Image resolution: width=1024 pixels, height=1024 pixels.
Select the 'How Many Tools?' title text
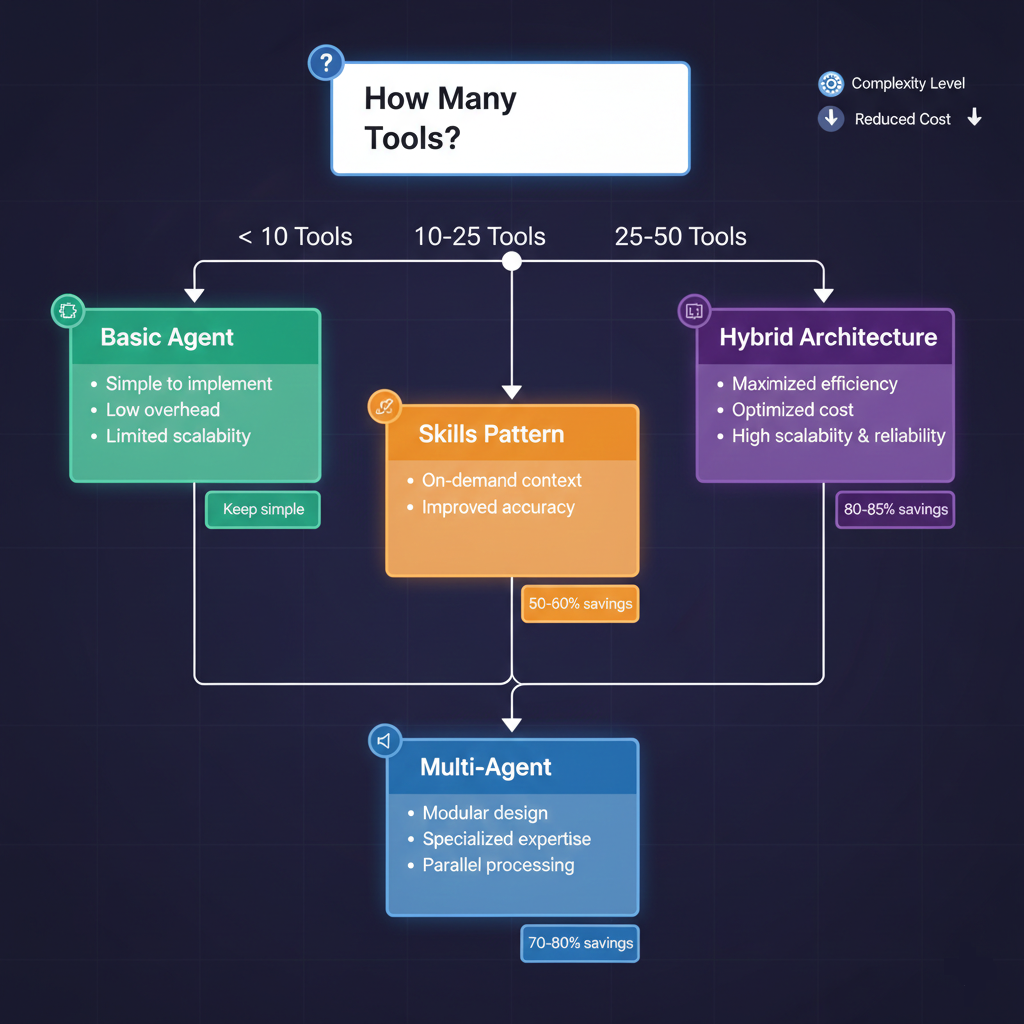click(x=441, y=117)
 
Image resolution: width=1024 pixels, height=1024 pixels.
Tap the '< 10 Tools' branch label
click(x=295, y=237)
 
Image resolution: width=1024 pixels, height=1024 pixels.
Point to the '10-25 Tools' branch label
click(x=480, y=237)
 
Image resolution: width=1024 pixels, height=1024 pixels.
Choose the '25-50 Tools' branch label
click(x=680, y=237)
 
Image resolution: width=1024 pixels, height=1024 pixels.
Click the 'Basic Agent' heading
click(x=167, y=337)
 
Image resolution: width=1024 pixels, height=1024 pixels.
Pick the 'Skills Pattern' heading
click(x=491, y=434)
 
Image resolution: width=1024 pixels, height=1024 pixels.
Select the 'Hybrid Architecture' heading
click(x=828, y=337)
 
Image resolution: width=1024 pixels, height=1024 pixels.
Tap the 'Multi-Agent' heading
click(x=486, y=767)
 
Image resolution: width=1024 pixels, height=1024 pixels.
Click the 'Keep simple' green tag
click(x=263, y=510)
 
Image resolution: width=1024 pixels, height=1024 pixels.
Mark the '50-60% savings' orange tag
click(x=580, y=604)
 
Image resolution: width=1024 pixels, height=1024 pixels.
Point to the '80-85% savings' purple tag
click(x=895, y=510)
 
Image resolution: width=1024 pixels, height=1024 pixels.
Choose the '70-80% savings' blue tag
click(x=580, y=943)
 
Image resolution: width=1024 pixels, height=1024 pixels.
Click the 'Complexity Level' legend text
click(x=908, y=84)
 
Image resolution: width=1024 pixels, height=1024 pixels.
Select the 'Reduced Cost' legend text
click(x=902, y=119)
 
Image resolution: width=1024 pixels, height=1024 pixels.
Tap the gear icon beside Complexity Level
click(x=830, y=84)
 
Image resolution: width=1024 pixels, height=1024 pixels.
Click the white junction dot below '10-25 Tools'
click(x=511, y=261)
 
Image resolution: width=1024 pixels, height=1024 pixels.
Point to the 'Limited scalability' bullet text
click(x=178, y=436)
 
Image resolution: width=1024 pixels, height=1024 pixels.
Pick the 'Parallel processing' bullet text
click(x=498, y=865)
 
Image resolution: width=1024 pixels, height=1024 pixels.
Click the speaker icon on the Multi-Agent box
click(x=383, y=741)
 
